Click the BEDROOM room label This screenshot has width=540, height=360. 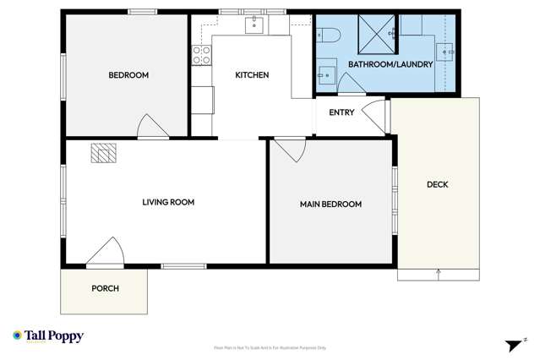point(128,75)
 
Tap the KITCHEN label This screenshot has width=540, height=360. point(252,75)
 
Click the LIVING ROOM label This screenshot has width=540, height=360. point(168,202)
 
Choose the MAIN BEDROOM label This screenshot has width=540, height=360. point(330,204)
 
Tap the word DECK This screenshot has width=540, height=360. point(437,184)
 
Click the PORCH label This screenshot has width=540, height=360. point(105,288)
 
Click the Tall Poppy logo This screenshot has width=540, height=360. point(48,335)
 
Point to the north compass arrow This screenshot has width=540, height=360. point(514,344)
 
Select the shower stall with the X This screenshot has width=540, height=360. point(376,33)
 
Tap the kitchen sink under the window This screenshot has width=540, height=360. point(253,25)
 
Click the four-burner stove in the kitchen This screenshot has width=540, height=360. point(202,55)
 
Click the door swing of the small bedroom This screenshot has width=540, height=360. point(152,127)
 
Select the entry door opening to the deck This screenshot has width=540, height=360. point(373,115)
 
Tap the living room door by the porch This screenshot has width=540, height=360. point(108,253)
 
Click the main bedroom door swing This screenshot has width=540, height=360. point(291,150)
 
